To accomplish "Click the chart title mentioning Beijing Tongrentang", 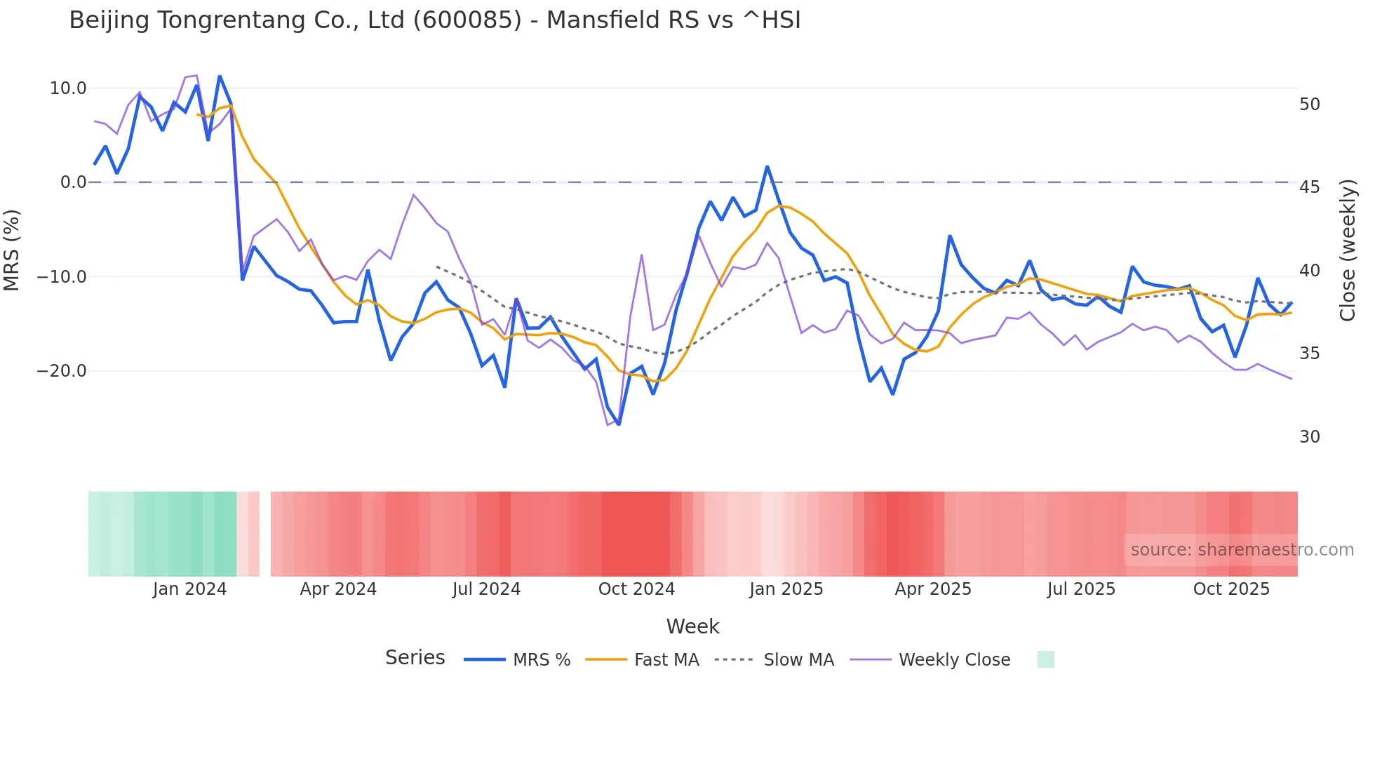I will [x=434, y=20].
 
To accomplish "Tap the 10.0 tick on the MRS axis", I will [x=68, y=88].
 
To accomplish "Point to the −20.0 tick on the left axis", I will [x=62, y=371].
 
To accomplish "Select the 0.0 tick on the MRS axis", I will [x=73, y=182].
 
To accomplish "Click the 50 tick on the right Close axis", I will [x=1309, y=105].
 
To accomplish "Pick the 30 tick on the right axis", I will [x=1309, y=437].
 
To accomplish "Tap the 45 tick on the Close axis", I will [x=1309, y=187].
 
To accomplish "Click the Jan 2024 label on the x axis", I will [x=189, y=589].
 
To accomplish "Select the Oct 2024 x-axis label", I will [x=636, y=589].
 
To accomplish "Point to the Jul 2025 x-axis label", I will [x=1081, y=589].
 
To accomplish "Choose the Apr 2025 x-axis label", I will [x=933, y=589].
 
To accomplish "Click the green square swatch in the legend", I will [x=1045, y=659].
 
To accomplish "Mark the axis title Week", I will [x=692, y=626].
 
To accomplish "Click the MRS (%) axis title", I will [x=12, y=250].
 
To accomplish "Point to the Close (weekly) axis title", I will [x=1347, y=250].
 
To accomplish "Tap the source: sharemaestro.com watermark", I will [x=1242, y=550].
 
